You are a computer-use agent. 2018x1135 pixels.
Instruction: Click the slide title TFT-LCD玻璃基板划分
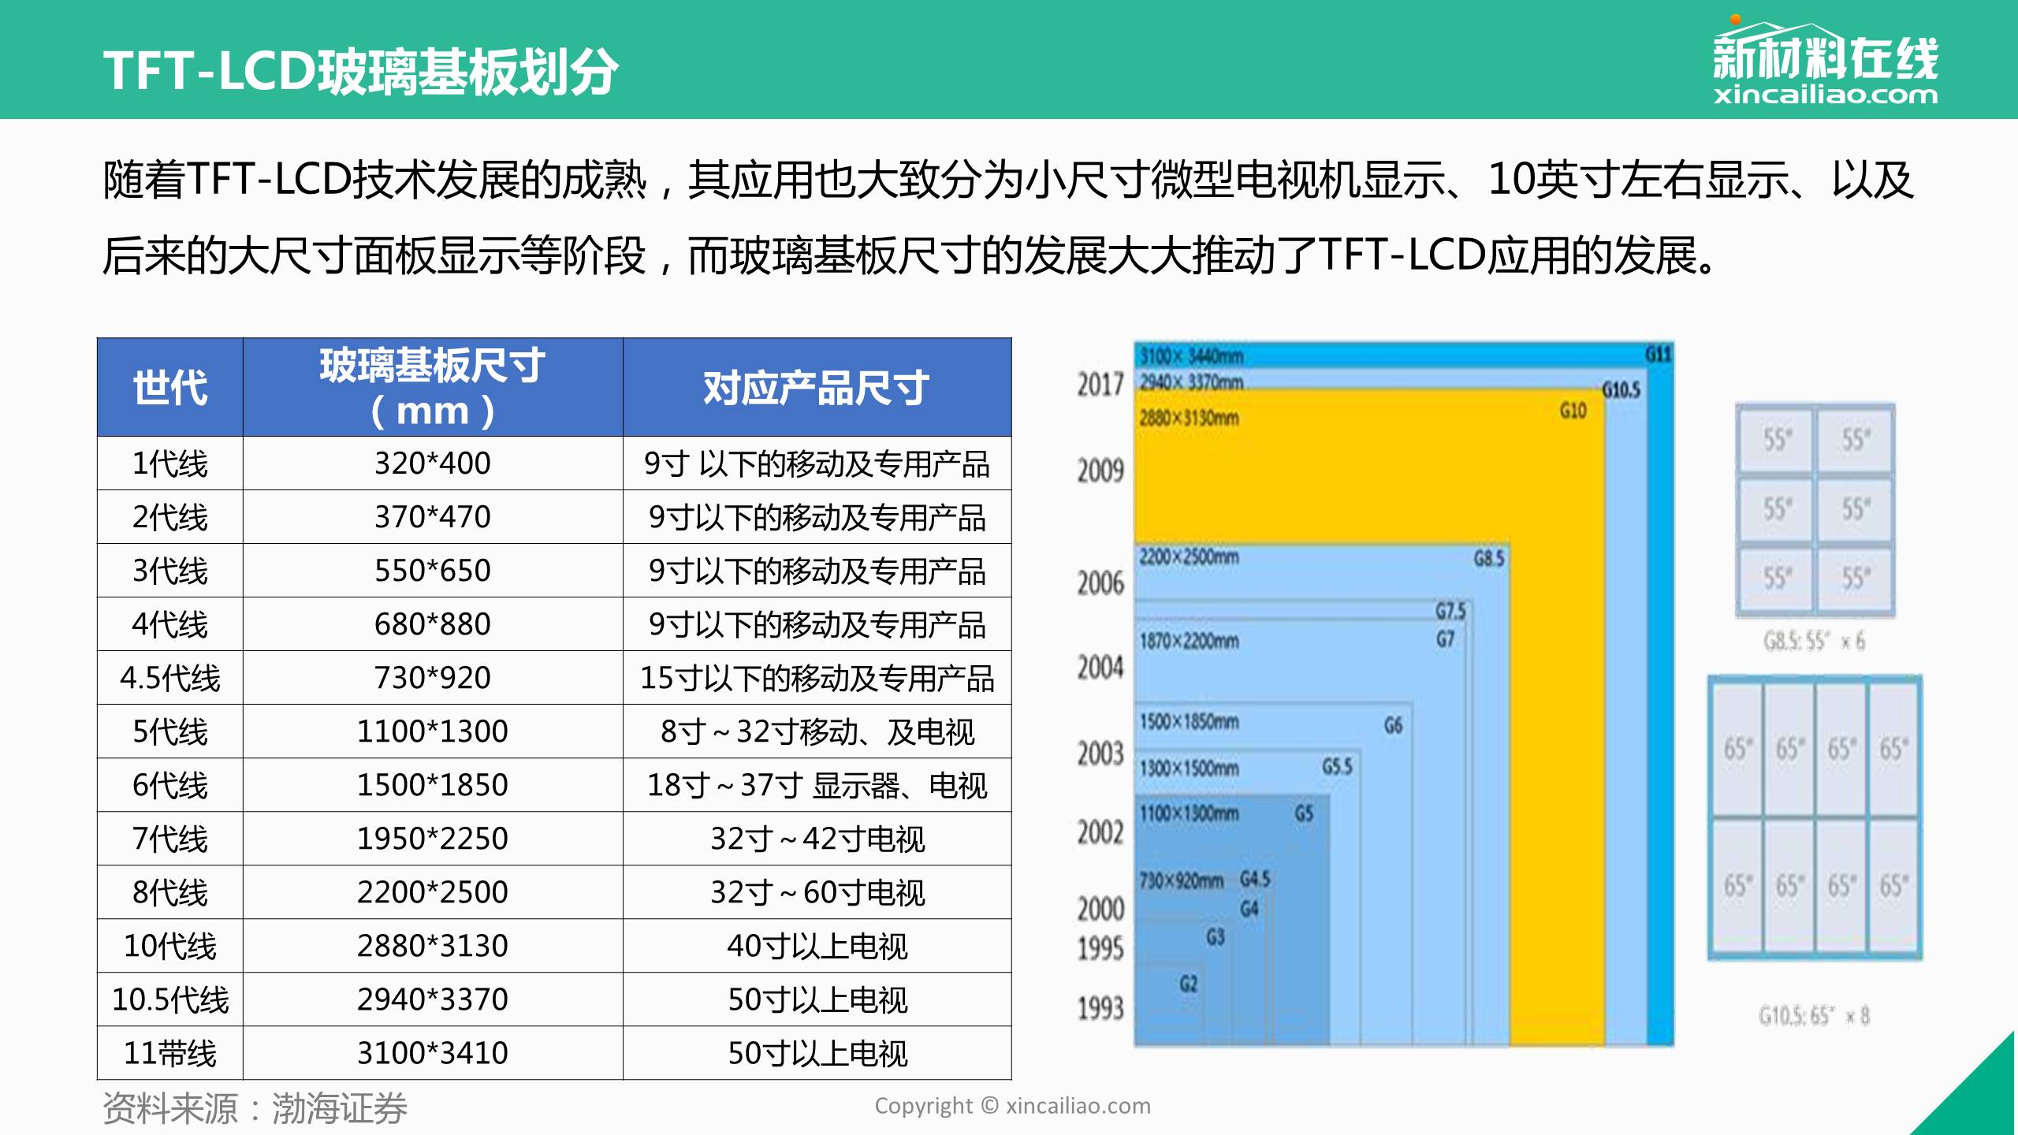[360, 71]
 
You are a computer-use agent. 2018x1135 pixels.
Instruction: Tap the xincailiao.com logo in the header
[1824, 66]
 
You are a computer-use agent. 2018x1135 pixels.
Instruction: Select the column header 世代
[169, 388]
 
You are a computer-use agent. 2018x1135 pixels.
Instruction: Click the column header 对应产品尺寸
[817, 388]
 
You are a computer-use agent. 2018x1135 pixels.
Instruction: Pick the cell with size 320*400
[432, 463]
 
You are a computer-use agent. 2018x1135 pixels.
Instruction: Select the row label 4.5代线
[169, 678]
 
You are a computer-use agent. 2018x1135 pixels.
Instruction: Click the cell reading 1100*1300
[432, 731]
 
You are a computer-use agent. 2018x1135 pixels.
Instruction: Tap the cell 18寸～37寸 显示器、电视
[817, 785]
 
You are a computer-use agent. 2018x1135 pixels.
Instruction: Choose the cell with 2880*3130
[432, 946]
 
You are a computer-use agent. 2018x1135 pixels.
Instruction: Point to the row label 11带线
[169, 1053]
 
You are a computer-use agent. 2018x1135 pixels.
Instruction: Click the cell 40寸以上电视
[817, 946]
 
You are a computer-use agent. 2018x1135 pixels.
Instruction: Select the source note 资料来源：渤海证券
[255, 1108]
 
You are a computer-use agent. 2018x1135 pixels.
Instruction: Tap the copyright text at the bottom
[1012, 1106]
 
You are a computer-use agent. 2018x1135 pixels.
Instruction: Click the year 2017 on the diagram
[1100, 385]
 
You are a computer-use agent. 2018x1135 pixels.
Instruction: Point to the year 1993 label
[1100, 1008]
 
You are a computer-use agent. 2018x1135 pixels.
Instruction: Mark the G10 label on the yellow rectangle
[1573, 411]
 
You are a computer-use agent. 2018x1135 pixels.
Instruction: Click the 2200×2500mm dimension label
[1189, 557]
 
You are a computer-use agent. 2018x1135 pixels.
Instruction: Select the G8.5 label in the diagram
[1489, 559]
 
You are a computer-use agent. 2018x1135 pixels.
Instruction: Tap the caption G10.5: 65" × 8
[1814, 1016]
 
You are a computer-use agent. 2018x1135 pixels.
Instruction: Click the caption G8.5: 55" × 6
[1814, 642]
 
